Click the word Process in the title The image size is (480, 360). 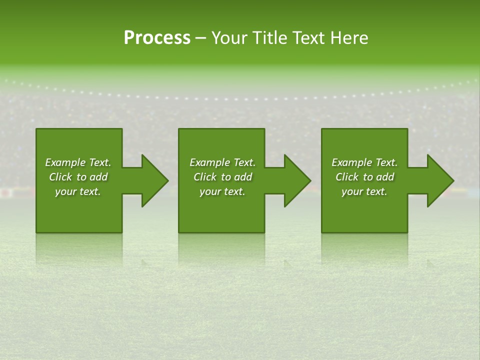coord(157,38)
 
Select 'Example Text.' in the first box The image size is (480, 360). coord(78,162)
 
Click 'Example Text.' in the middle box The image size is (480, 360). coord(222,162)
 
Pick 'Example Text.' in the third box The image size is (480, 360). coord(364,162)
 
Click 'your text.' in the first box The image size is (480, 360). coord(78,191)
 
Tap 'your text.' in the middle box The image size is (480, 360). coord(222,191)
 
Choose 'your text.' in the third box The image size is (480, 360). coord(364,191)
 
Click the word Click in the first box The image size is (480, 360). coord(61,177)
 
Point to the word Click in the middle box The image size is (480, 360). coord(205,177)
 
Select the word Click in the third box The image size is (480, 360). coord(347,177)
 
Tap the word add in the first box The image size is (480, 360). coord(98,177)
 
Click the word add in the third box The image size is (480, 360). coord(385,177)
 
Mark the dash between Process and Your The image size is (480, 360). coord(200,38)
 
